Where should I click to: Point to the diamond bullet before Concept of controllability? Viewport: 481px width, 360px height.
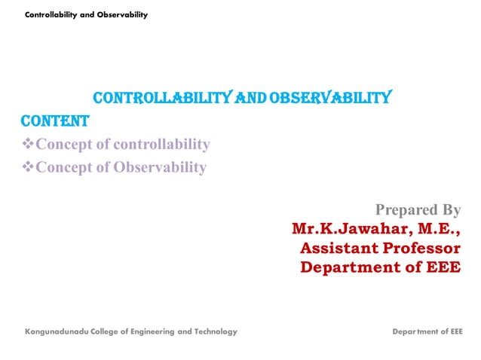tap(27, 145)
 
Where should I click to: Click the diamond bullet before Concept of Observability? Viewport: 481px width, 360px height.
tap(27, 167)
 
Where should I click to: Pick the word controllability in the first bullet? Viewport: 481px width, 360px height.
tap(166, 145)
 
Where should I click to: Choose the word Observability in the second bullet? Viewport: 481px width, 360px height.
tap(160, 167)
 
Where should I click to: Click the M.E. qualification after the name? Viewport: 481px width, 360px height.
tap(430, 228)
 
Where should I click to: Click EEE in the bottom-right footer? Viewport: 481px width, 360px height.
tap(455, 331)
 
